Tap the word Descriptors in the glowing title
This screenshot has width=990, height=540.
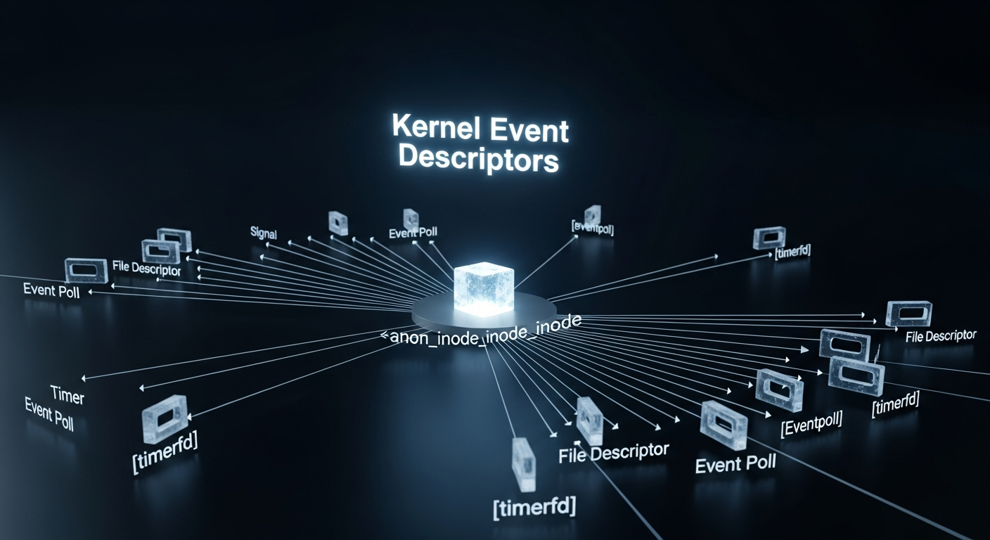pyautogui.click(x=478, y=159)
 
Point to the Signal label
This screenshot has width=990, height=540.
pyautogui.click(x=264, y=232)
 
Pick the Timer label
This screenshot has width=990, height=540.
pyautogui.click(x=68, y=396)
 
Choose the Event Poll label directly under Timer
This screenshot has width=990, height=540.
pyautogui.click(x=49, y=415)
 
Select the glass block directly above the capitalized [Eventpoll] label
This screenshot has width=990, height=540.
pyautogui.click(x=778, y=390)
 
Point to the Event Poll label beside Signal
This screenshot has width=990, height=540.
pyautogui.click(x=414, y=233)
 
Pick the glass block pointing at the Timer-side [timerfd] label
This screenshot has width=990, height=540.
pyautogui.click(x=165, y=418)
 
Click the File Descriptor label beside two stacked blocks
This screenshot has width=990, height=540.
pyautogui.click(x=146, y=269)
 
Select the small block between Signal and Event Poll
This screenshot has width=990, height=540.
pyautogui.click(x=338, y=223)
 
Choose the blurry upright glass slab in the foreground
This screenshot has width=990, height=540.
pyautogui.click(x=525, y=465)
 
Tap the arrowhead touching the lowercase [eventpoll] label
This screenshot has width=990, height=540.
pyautogui.click(x=577, y=236)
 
